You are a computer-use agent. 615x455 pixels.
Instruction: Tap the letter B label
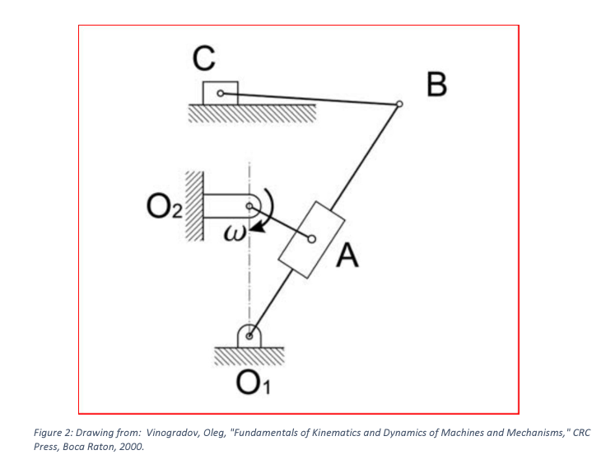pos(437,83)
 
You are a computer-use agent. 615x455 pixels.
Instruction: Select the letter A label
pos(349,258)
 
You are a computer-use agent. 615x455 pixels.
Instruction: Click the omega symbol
pos(235,234)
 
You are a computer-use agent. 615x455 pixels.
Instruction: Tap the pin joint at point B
pos(399,104)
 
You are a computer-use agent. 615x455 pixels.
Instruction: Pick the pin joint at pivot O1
pos(249,336)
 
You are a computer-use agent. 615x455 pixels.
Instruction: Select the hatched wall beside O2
pos(193,206)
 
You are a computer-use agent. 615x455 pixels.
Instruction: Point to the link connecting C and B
pos(313,99)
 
